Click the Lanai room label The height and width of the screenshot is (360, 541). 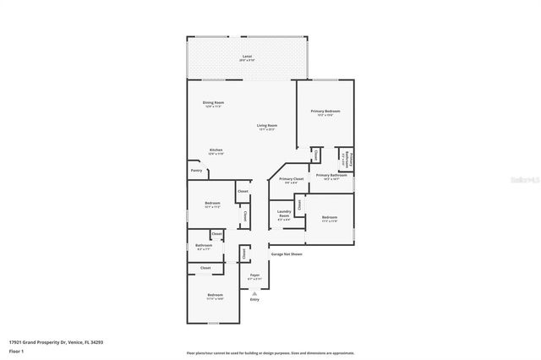246,56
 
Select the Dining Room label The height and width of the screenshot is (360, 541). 213,102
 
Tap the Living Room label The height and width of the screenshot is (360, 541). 268,125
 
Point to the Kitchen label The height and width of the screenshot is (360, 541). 216,150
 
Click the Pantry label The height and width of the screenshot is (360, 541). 196,171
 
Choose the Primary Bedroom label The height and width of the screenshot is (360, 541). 325,111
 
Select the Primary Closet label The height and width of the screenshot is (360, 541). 290,178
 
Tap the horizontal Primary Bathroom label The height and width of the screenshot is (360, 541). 331,175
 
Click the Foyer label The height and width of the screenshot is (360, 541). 254,275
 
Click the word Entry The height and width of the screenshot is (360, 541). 254,298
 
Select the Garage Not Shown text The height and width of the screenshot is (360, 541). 286,254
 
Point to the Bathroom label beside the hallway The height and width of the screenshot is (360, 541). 205,246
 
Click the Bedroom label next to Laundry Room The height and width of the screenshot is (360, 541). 330,217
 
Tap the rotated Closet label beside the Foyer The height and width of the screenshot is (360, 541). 244,253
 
